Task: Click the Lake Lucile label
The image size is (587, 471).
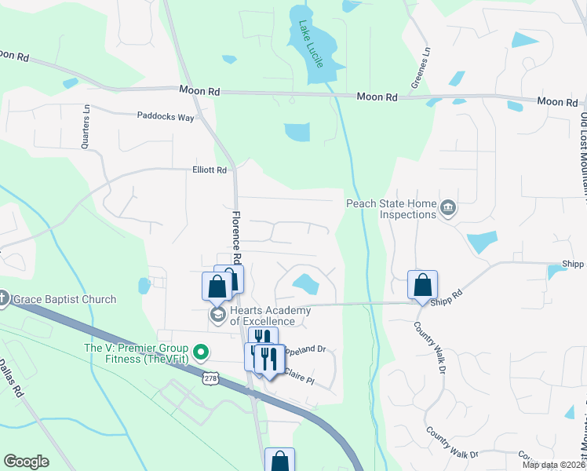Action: coord(310,45)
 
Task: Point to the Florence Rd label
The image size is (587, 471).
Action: coord(235,237)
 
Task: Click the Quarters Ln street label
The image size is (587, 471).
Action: coord(86,127)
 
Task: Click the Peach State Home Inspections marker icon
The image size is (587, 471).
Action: coord(447,207)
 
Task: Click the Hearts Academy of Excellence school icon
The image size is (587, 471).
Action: coord(217,315)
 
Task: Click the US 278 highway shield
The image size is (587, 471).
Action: coord(210,378)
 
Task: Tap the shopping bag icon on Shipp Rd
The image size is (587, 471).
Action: coord(422,284)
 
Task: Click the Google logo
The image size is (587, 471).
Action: coord(26,462)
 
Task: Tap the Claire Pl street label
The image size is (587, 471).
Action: coord(298,377)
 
